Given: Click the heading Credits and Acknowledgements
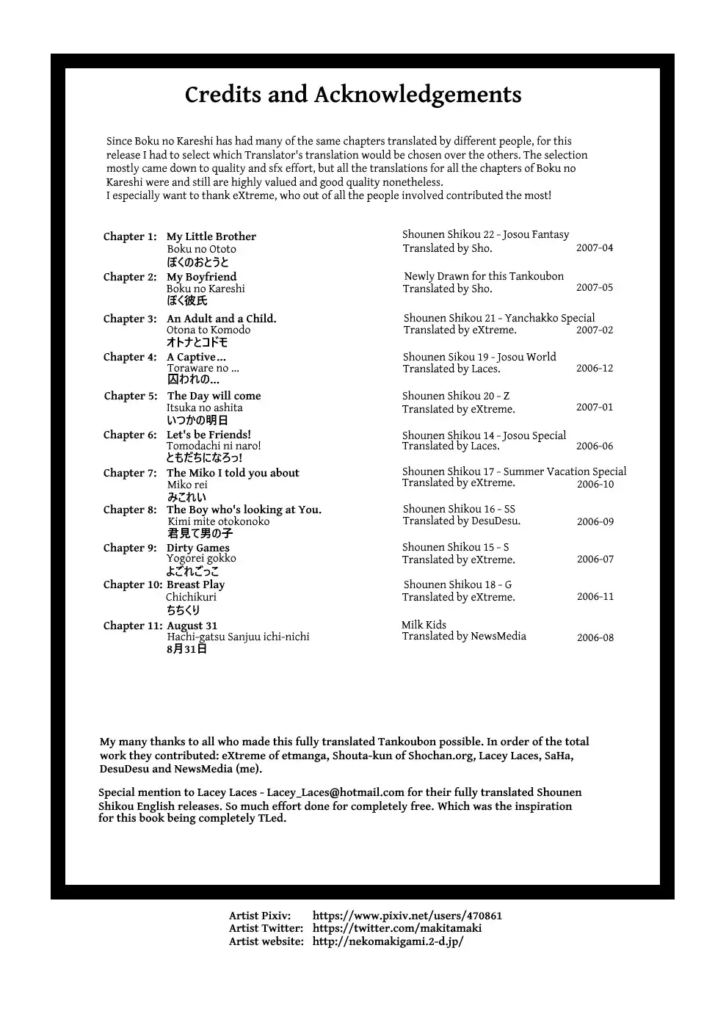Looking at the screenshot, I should [353, 95].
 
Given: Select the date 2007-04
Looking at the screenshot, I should [594, 248].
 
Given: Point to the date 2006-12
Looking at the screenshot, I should [594, 369].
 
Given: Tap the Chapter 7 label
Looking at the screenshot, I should [130, 473].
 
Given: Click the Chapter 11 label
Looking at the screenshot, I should [132, 626].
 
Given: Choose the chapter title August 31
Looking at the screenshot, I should [192, 626].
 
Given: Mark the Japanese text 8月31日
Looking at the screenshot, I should [186, 649].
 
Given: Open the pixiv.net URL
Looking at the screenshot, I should [407, 916].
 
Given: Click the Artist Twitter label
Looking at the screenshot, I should [266, 928].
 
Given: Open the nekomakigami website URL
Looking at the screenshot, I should [388, 941].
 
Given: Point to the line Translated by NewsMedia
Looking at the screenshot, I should [464, 636].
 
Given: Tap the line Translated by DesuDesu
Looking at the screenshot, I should [461, 521].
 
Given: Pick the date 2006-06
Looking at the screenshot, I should [594, 446].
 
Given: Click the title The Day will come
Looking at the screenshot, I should [214, 396].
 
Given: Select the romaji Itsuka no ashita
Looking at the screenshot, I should [204, 408].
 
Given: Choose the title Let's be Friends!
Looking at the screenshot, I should [208, 435].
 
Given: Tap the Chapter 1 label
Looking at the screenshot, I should [130, 236].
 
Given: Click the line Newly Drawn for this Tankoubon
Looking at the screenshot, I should [484, 276].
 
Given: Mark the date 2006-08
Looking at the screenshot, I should [595, 638].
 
